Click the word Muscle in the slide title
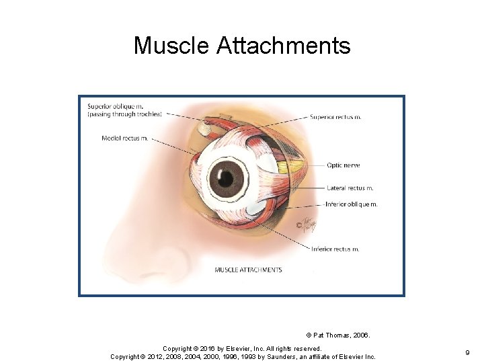pyautogui.click(x=171, y=46)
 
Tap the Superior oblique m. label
pyautogui.click(x=115, y=106)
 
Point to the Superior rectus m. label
pyautogui.click(x=335, y=117)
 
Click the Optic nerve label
pyautogui.click(x=343, y=165)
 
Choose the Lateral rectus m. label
pyautogui.click(x=350, y=188)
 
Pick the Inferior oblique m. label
pyautogui.click(x=352, y=204)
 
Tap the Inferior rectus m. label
pyautogui.click(x=335, y=249)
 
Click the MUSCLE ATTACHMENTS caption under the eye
pyautogui.click(x=248, y=270)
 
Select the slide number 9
pyautogui.click(x=467, y=352)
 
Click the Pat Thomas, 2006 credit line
pyautogui.click(x=338, y=334)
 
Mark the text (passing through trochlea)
pyautogui.click(x=124, y=114)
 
